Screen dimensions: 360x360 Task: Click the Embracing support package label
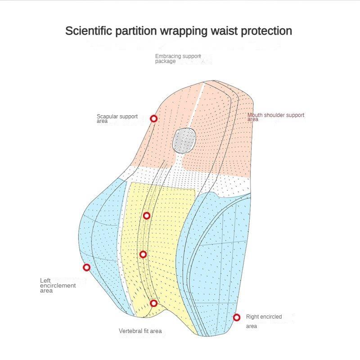coord(178,58)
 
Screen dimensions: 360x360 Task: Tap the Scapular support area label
coord(117,118)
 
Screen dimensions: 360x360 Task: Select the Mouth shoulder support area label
coord(275,117)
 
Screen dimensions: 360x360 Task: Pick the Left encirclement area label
coord(58,285)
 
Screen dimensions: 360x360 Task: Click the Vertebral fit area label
coord(140,331)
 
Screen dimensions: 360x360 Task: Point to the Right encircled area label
coord(264,321)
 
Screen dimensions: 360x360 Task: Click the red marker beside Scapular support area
coord(154,118)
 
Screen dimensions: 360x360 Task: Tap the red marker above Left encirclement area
coord(87,267)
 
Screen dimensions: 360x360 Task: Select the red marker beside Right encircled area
coord(237,318)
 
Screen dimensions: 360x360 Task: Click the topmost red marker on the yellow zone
coord(147,216)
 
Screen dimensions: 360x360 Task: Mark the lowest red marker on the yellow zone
coord(154,303)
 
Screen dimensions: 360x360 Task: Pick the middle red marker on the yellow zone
coord(143,255)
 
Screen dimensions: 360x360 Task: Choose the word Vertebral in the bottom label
coord(130,331)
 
